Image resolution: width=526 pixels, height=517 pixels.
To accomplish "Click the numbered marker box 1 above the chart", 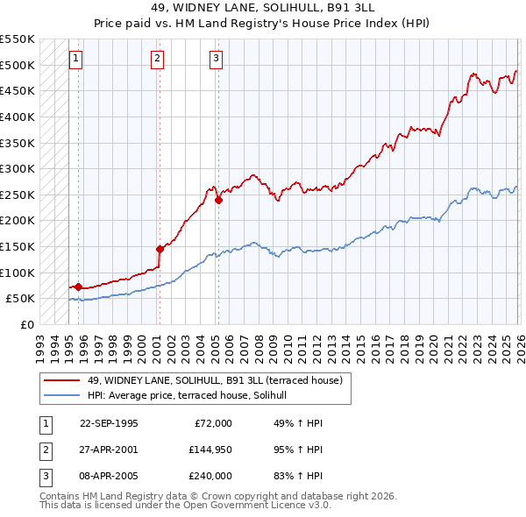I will tap(75, 59).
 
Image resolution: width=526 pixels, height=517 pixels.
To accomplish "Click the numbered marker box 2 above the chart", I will tap(157, 59).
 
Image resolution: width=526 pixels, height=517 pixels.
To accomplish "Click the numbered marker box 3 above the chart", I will tap(216, 59).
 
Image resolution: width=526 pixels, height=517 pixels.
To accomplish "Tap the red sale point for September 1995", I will tap(79, 287).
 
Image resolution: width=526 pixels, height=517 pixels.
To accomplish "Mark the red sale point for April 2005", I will tap(217, 200).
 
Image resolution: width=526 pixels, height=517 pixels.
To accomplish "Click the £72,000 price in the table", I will tap(210, 423).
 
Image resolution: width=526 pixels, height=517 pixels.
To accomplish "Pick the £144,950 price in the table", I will tap(210, 450).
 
